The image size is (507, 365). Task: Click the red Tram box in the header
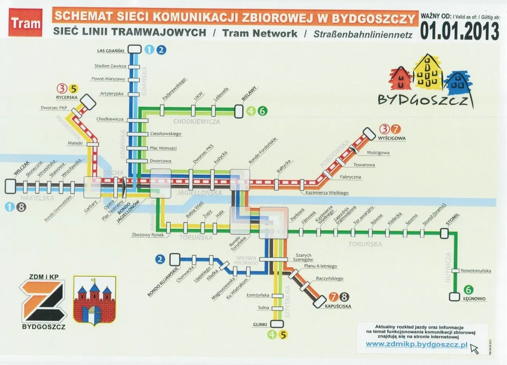(x=25, y=23)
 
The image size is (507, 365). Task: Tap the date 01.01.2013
(x=459, y=30)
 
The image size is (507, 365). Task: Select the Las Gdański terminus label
(x=111, y=50)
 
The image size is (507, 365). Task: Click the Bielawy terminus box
(x=238, y=111)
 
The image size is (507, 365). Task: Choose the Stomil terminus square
(x=444, y=233)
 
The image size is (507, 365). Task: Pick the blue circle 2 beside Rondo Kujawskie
(x=160, y=259)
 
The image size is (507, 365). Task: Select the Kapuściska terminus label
(x=338, y=306)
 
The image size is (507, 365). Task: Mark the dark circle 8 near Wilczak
(x=22, y=206)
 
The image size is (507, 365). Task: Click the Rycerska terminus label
(x=67, y=97)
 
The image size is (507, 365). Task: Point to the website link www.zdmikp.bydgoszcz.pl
(x=416, y=344)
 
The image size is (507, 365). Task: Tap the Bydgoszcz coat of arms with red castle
(x=94, y=301)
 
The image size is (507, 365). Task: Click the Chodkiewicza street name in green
(x=196, y=121)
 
